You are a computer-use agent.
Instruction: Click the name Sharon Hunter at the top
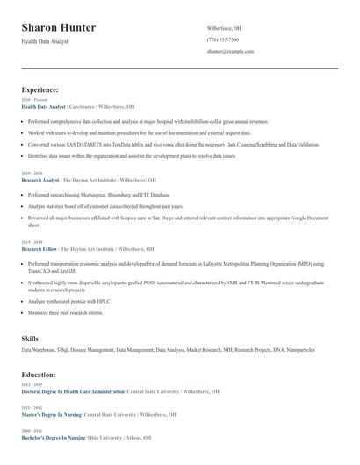coord(59,28)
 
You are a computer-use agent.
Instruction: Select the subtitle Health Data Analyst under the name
coord(45,41)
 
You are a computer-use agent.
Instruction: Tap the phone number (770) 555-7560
coord(223,40)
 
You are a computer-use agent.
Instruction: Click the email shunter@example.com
coord(230,52)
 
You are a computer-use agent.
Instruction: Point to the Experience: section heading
coord(40,89)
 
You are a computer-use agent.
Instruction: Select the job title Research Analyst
coord(40,179)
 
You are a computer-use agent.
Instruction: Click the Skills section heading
coord(30,338)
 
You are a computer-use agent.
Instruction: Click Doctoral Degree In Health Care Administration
coord(73,391)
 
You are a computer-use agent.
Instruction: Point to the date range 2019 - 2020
coord(32,173)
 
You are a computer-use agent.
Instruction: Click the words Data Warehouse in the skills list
coord(40,349)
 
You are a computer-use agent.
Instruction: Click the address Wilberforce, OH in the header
coord(224,28)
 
